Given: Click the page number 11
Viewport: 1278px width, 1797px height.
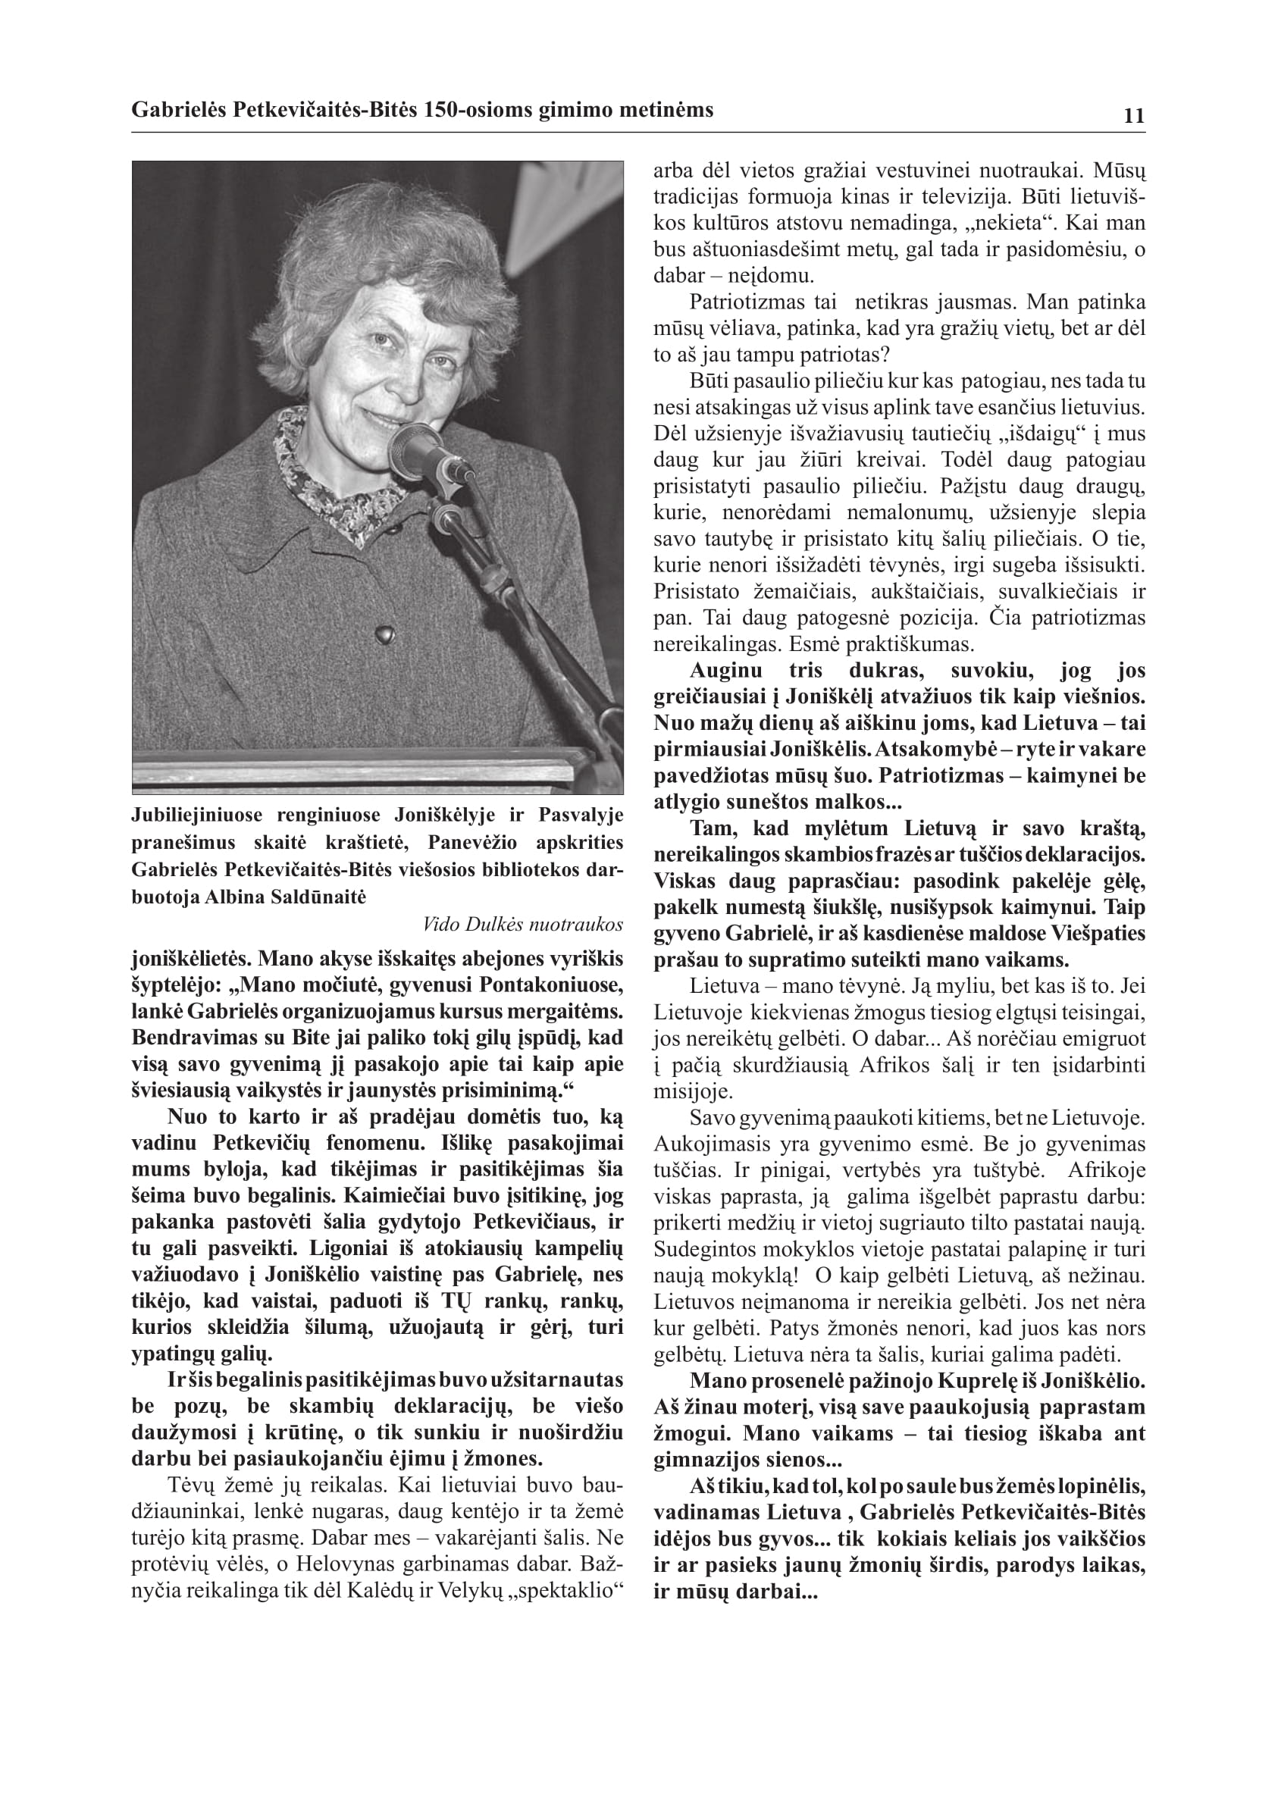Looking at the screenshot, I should [x=1134, y=116].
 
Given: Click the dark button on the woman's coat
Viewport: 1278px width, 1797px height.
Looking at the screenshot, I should [x=384, y=633].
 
